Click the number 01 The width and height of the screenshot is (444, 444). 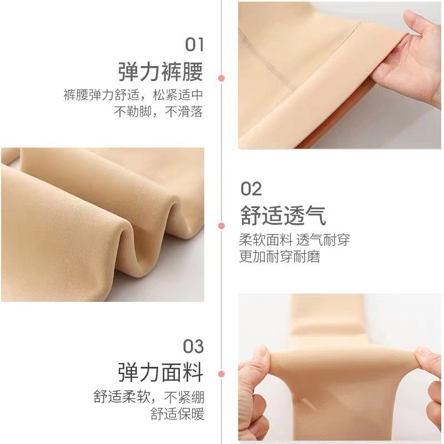[x=194, y=44]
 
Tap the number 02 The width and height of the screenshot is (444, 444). [x=251, y=189]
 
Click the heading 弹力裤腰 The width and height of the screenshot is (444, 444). [x=160, y=72]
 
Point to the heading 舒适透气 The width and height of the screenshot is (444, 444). [x=283, y=215]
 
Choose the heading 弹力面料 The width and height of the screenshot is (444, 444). [x=160, y=371]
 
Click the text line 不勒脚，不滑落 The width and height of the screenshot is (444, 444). [x=158, y=112]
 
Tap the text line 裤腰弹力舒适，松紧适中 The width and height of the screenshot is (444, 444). [x=133, y=94]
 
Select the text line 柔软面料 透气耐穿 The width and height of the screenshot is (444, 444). [x=294, y=240]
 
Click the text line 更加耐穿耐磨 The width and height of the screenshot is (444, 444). [x=279, y=257]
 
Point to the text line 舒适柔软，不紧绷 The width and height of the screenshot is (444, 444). [x=149, y=397]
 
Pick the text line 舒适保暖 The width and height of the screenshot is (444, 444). [x=177, y=414]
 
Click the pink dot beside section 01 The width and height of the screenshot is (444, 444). [x=221, y=78]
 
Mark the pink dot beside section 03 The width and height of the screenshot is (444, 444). [x=221, y=374]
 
